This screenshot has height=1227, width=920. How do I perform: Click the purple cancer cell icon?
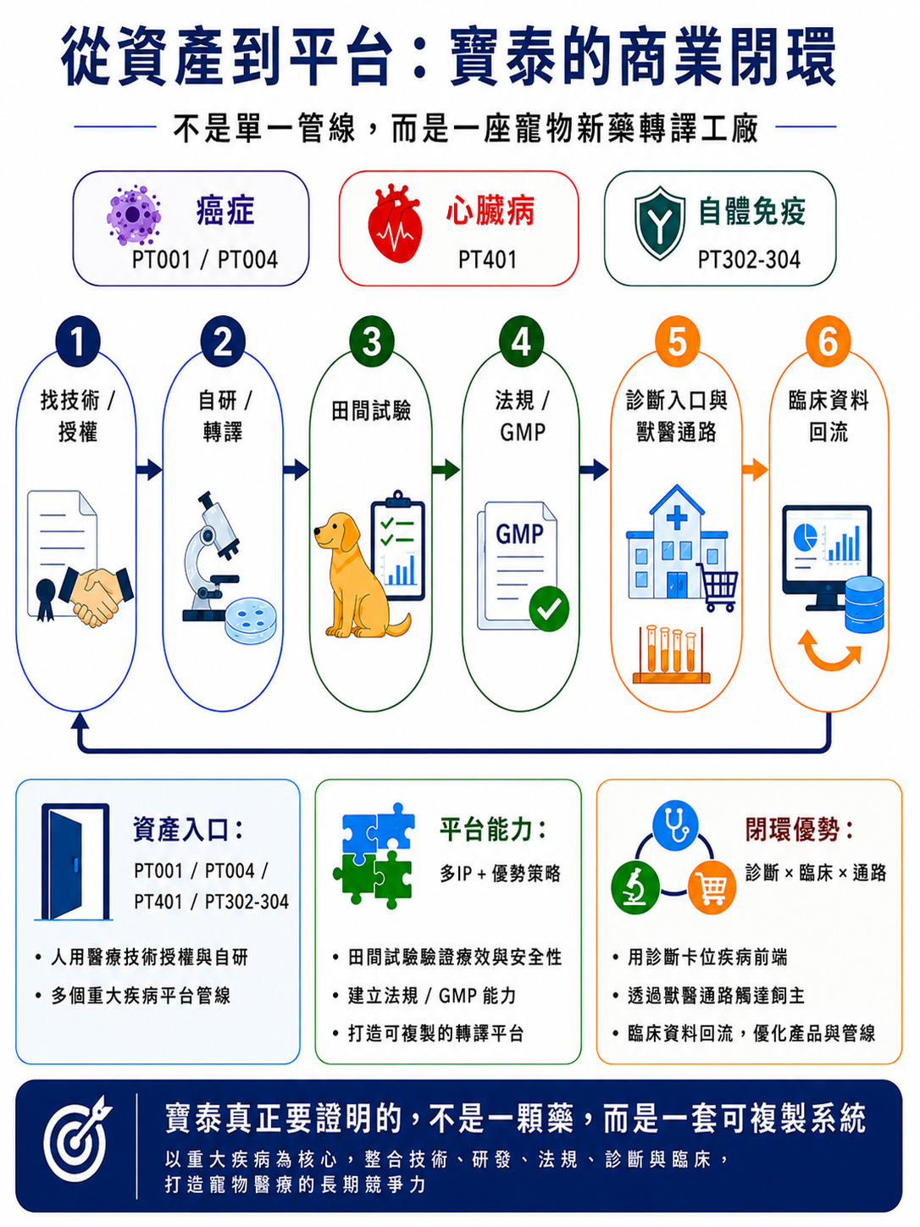pos(134,215)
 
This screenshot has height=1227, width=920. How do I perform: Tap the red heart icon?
pos(395,224)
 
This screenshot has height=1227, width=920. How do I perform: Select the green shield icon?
pos(660,223)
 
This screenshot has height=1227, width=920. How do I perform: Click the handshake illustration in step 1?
pos(95,595)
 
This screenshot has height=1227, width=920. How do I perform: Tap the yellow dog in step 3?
pos(357,575)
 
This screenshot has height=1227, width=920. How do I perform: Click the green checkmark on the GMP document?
pos(549,608)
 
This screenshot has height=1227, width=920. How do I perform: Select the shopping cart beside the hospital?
pos(718,587)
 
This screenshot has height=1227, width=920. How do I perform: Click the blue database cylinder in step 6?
pos(864,604)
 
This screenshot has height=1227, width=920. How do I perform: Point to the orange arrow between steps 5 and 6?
pos(755,469)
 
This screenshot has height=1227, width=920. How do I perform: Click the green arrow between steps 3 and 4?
pos(446,469)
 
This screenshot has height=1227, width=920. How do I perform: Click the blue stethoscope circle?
pos(675,823)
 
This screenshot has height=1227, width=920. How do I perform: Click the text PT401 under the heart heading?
pos(487,259)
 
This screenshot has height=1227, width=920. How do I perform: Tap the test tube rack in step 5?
pos(671,654)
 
